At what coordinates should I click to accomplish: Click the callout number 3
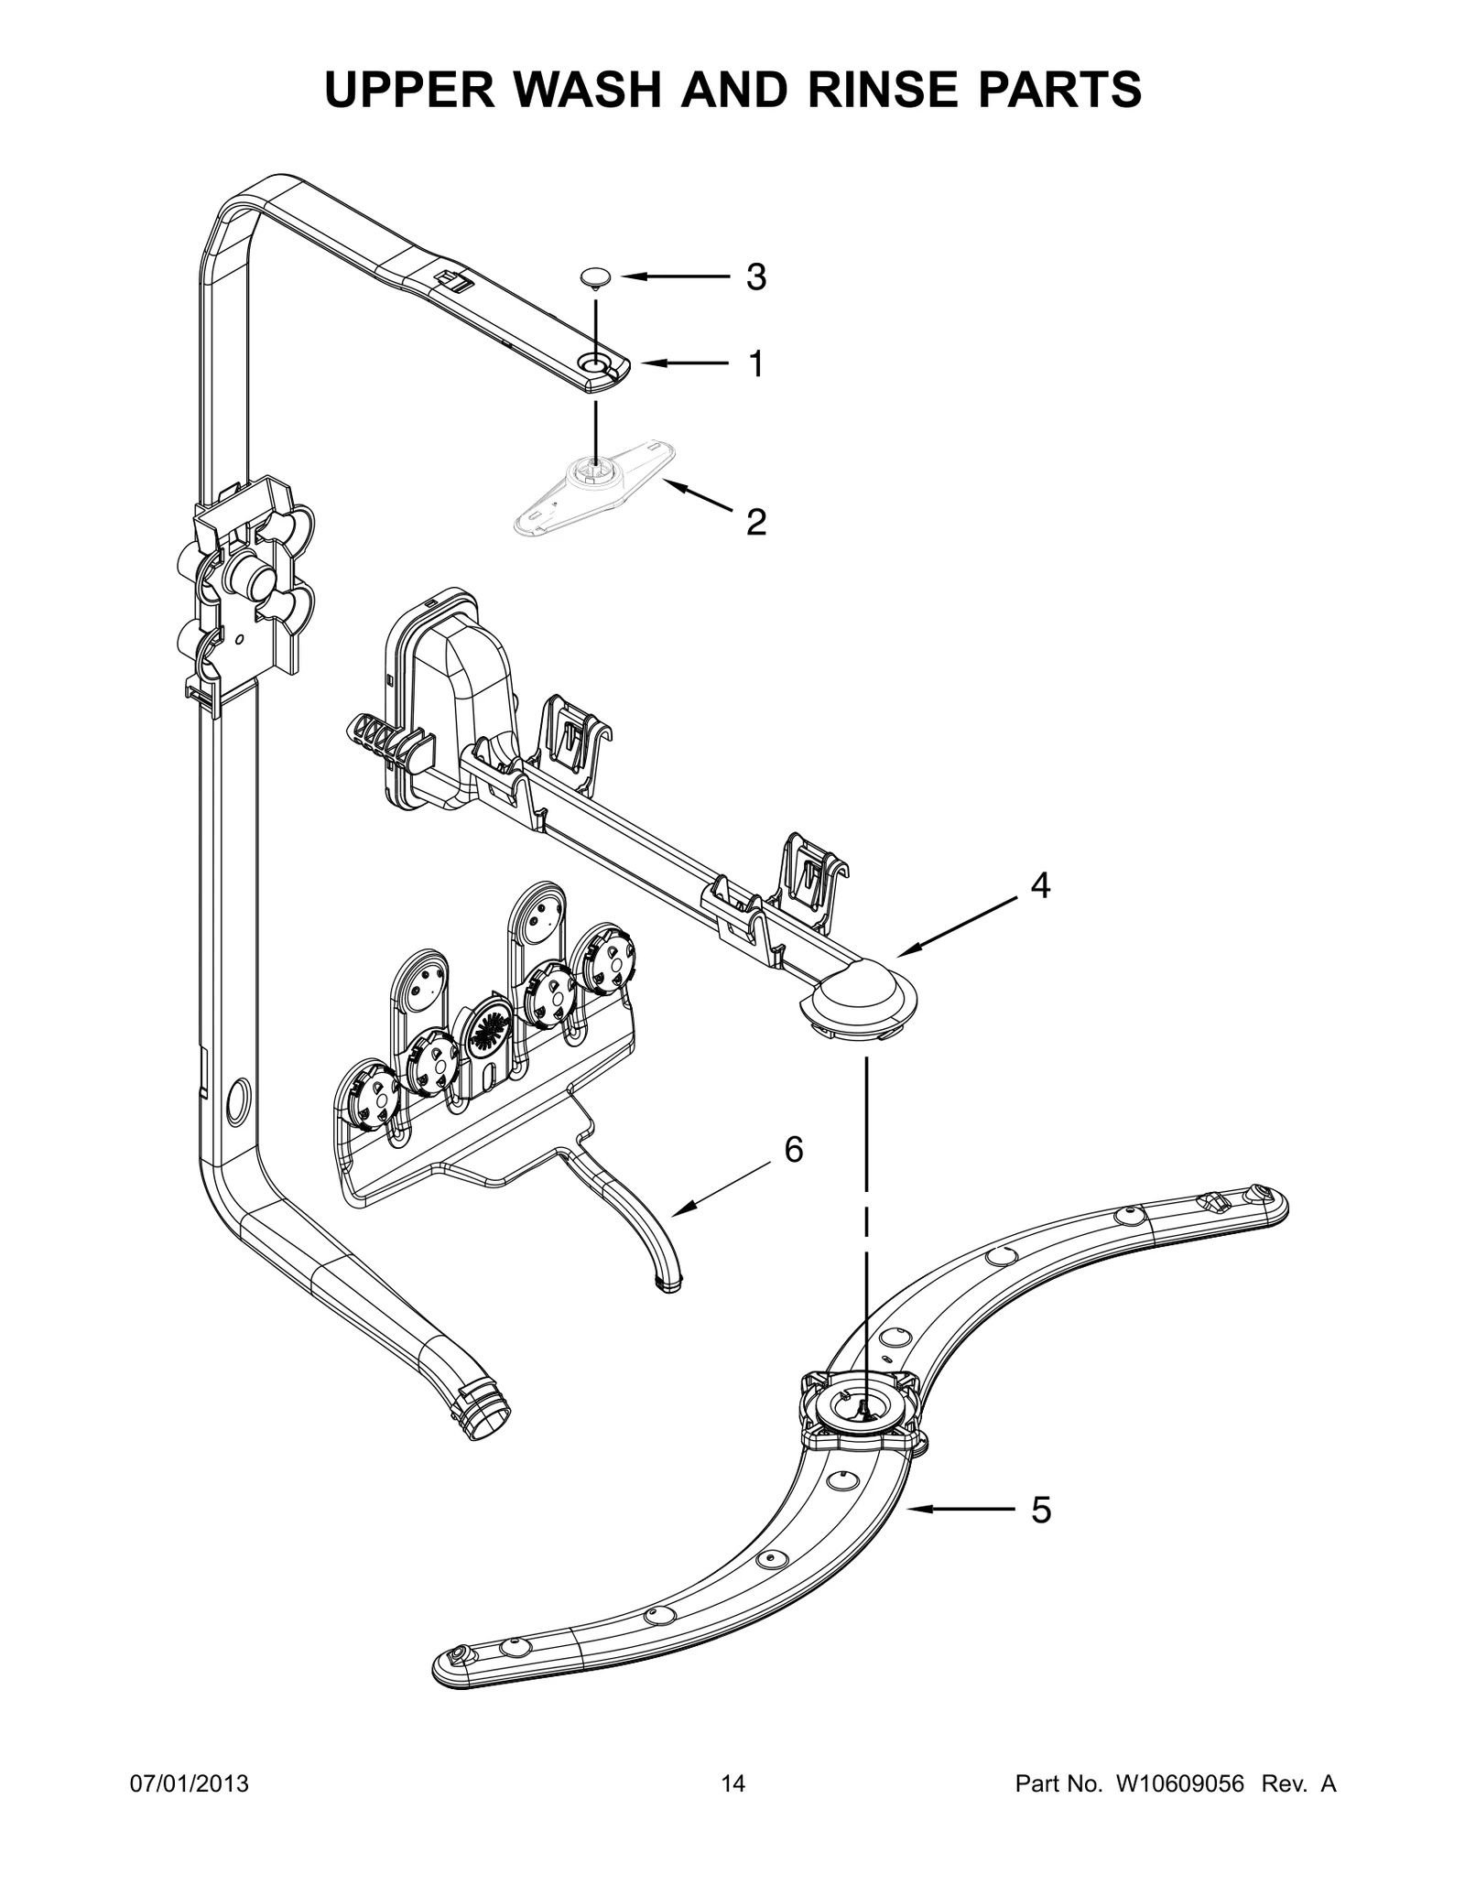[755, 276]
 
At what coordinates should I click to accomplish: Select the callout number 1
[755, 364]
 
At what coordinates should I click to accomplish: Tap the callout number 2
[755, 522]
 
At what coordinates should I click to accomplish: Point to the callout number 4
[1040, 885]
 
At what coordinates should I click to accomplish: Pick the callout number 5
[1041, 1510]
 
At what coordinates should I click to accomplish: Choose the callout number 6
[794, 1149]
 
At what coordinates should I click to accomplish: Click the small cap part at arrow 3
[596, 276]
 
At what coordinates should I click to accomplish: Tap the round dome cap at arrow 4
[857, 991]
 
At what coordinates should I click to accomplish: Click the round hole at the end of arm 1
[596, 366]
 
